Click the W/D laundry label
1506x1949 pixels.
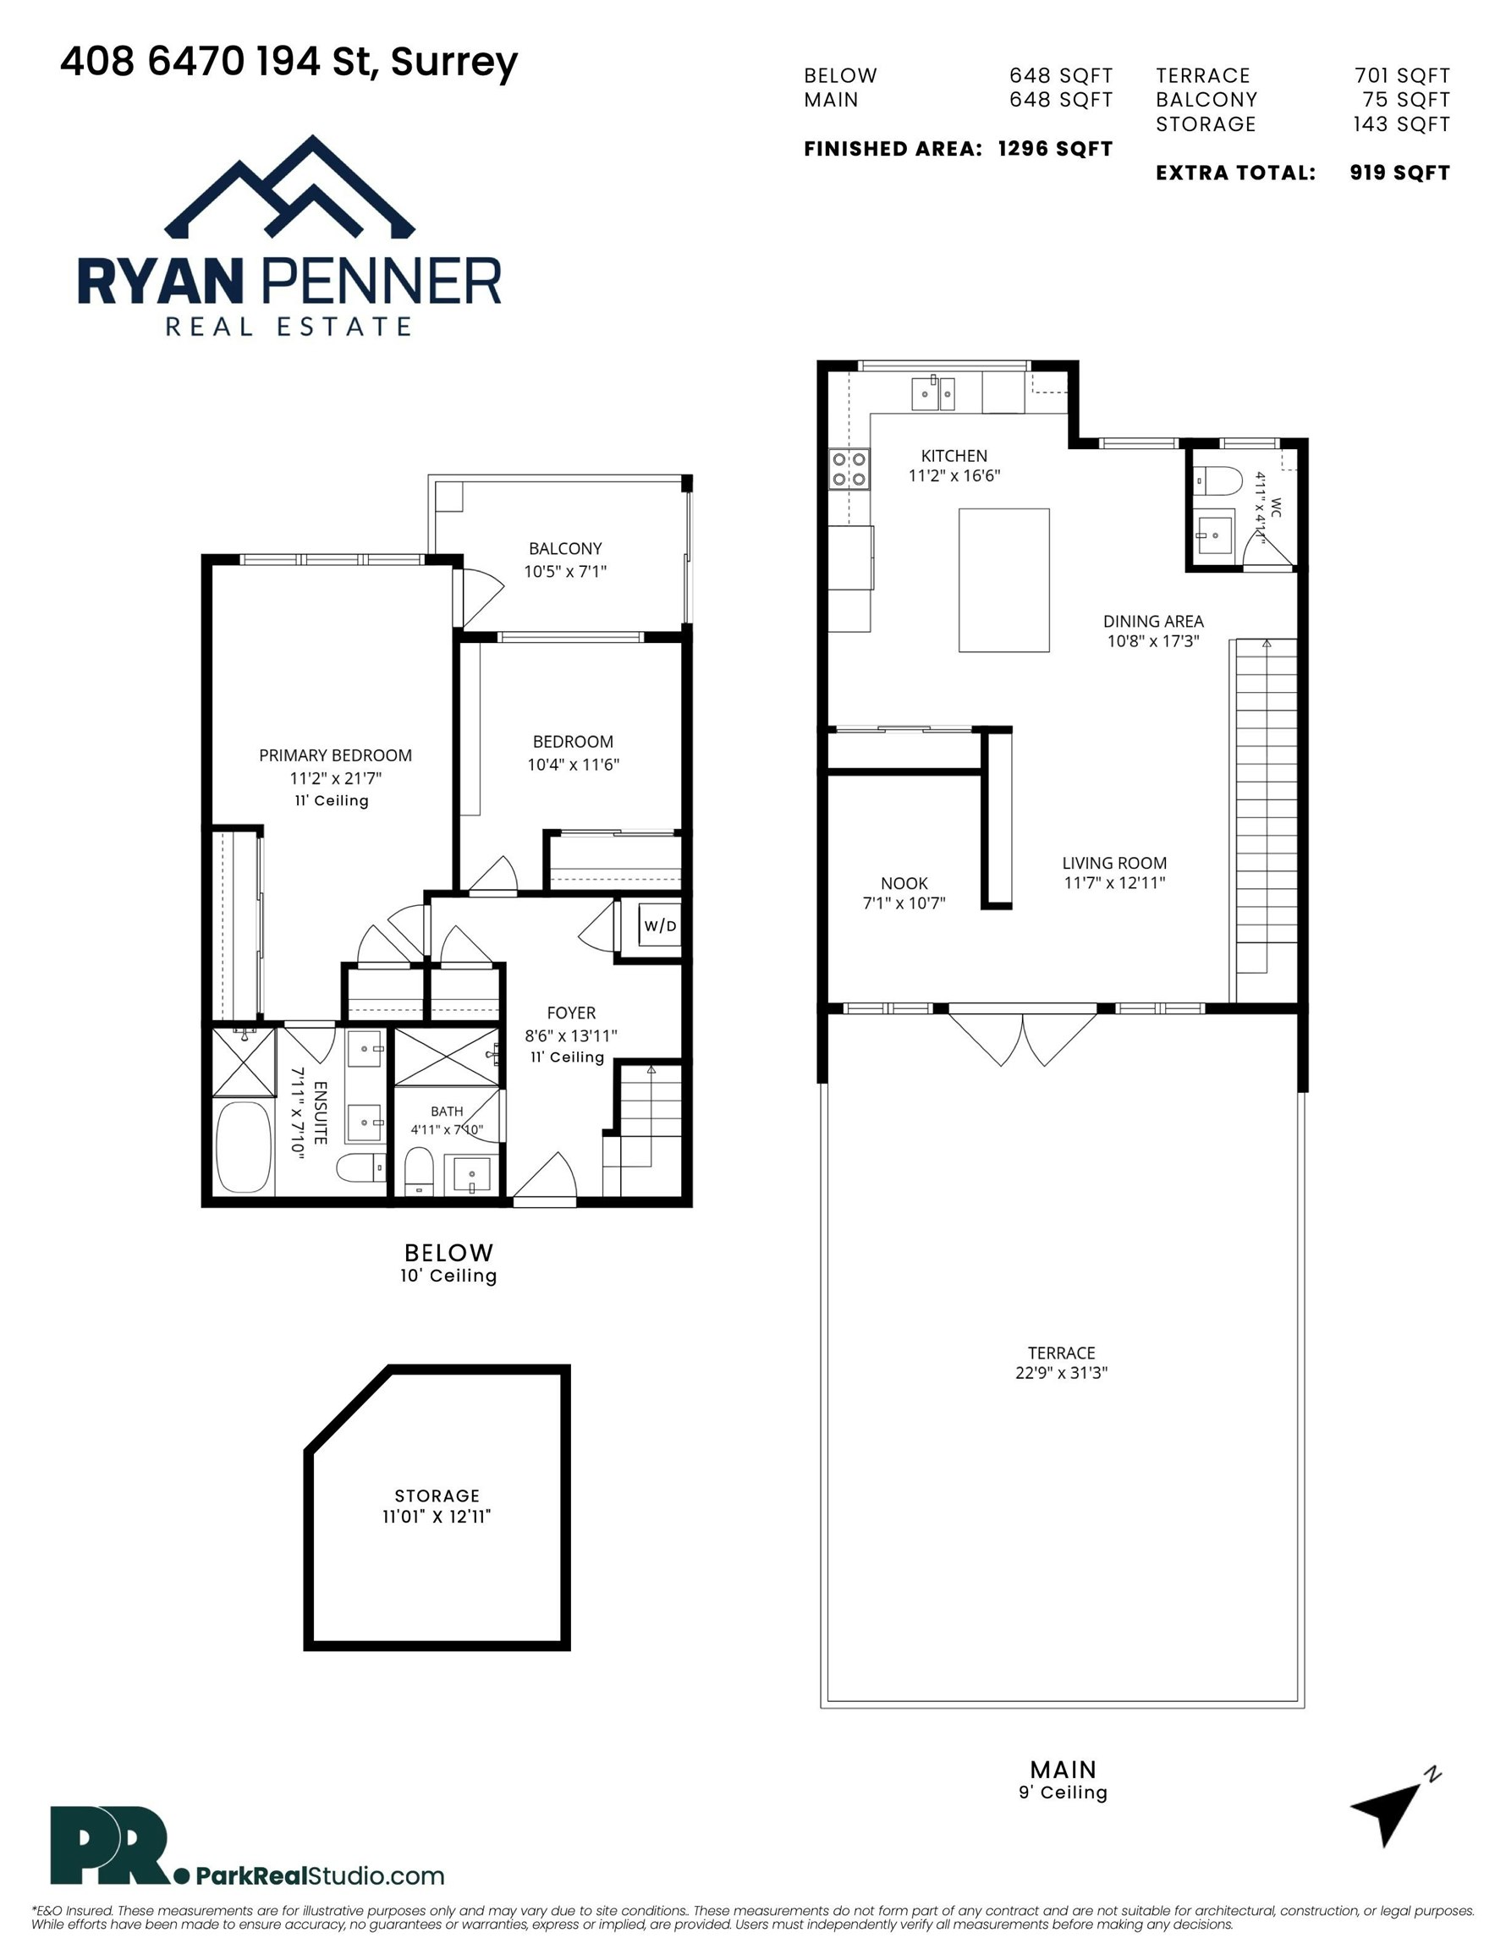661,926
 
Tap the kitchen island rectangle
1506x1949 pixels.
1003,580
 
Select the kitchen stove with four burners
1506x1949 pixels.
849,469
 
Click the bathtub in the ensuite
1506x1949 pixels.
244,1147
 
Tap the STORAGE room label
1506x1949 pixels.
437,1496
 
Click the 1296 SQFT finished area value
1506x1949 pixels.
1055,149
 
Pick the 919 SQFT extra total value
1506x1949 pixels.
1399,173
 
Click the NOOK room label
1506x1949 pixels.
904,883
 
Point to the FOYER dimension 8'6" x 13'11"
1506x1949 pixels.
571,1036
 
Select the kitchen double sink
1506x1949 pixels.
933,393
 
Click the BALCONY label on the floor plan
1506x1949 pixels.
565,549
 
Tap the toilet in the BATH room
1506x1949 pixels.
419,1170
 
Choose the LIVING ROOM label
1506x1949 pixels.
1114,863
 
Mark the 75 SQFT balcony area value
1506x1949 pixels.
1406,100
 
